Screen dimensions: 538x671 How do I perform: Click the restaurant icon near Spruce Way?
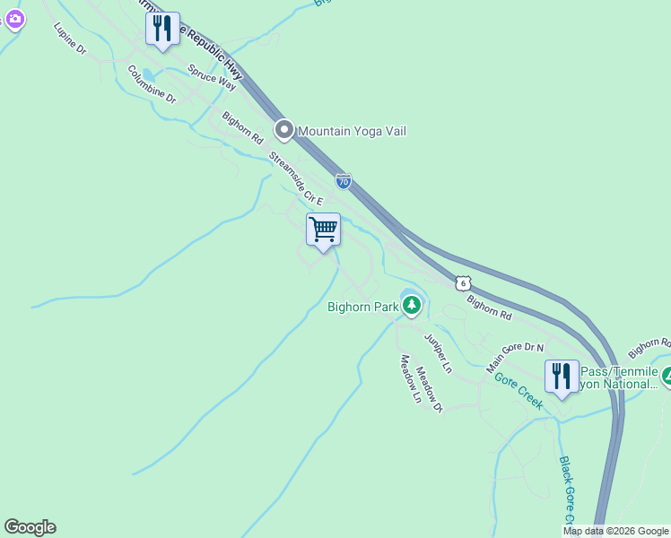[x=162, y=28]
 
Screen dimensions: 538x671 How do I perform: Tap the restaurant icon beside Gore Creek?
[x=562, y=377]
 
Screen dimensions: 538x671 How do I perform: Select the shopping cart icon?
[x=323, y=230]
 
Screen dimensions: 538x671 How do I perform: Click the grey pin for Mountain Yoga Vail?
[x=284, y=131]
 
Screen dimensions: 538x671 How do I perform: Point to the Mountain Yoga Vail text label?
[x=352, y=131]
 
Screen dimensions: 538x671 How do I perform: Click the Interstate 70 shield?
[x=344, y=180]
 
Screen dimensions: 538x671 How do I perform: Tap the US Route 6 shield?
[x=462, y=282]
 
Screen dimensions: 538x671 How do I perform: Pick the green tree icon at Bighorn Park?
[x=412, y=306]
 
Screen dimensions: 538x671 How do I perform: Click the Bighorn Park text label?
[x=362, y=307]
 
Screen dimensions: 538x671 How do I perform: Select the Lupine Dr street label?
[x=69, y=40]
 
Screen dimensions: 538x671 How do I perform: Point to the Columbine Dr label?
[x=152, y=84]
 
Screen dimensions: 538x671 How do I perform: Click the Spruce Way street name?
[x=212, y=77]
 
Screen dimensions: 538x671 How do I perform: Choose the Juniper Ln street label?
[x=439, y=353]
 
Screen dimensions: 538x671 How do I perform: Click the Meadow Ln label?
[x=410, y=378]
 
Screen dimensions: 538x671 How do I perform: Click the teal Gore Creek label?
[x=519, y=390]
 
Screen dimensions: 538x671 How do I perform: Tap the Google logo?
[x=30, y=527]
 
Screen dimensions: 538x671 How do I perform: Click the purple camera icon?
[x=13, y=19]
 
